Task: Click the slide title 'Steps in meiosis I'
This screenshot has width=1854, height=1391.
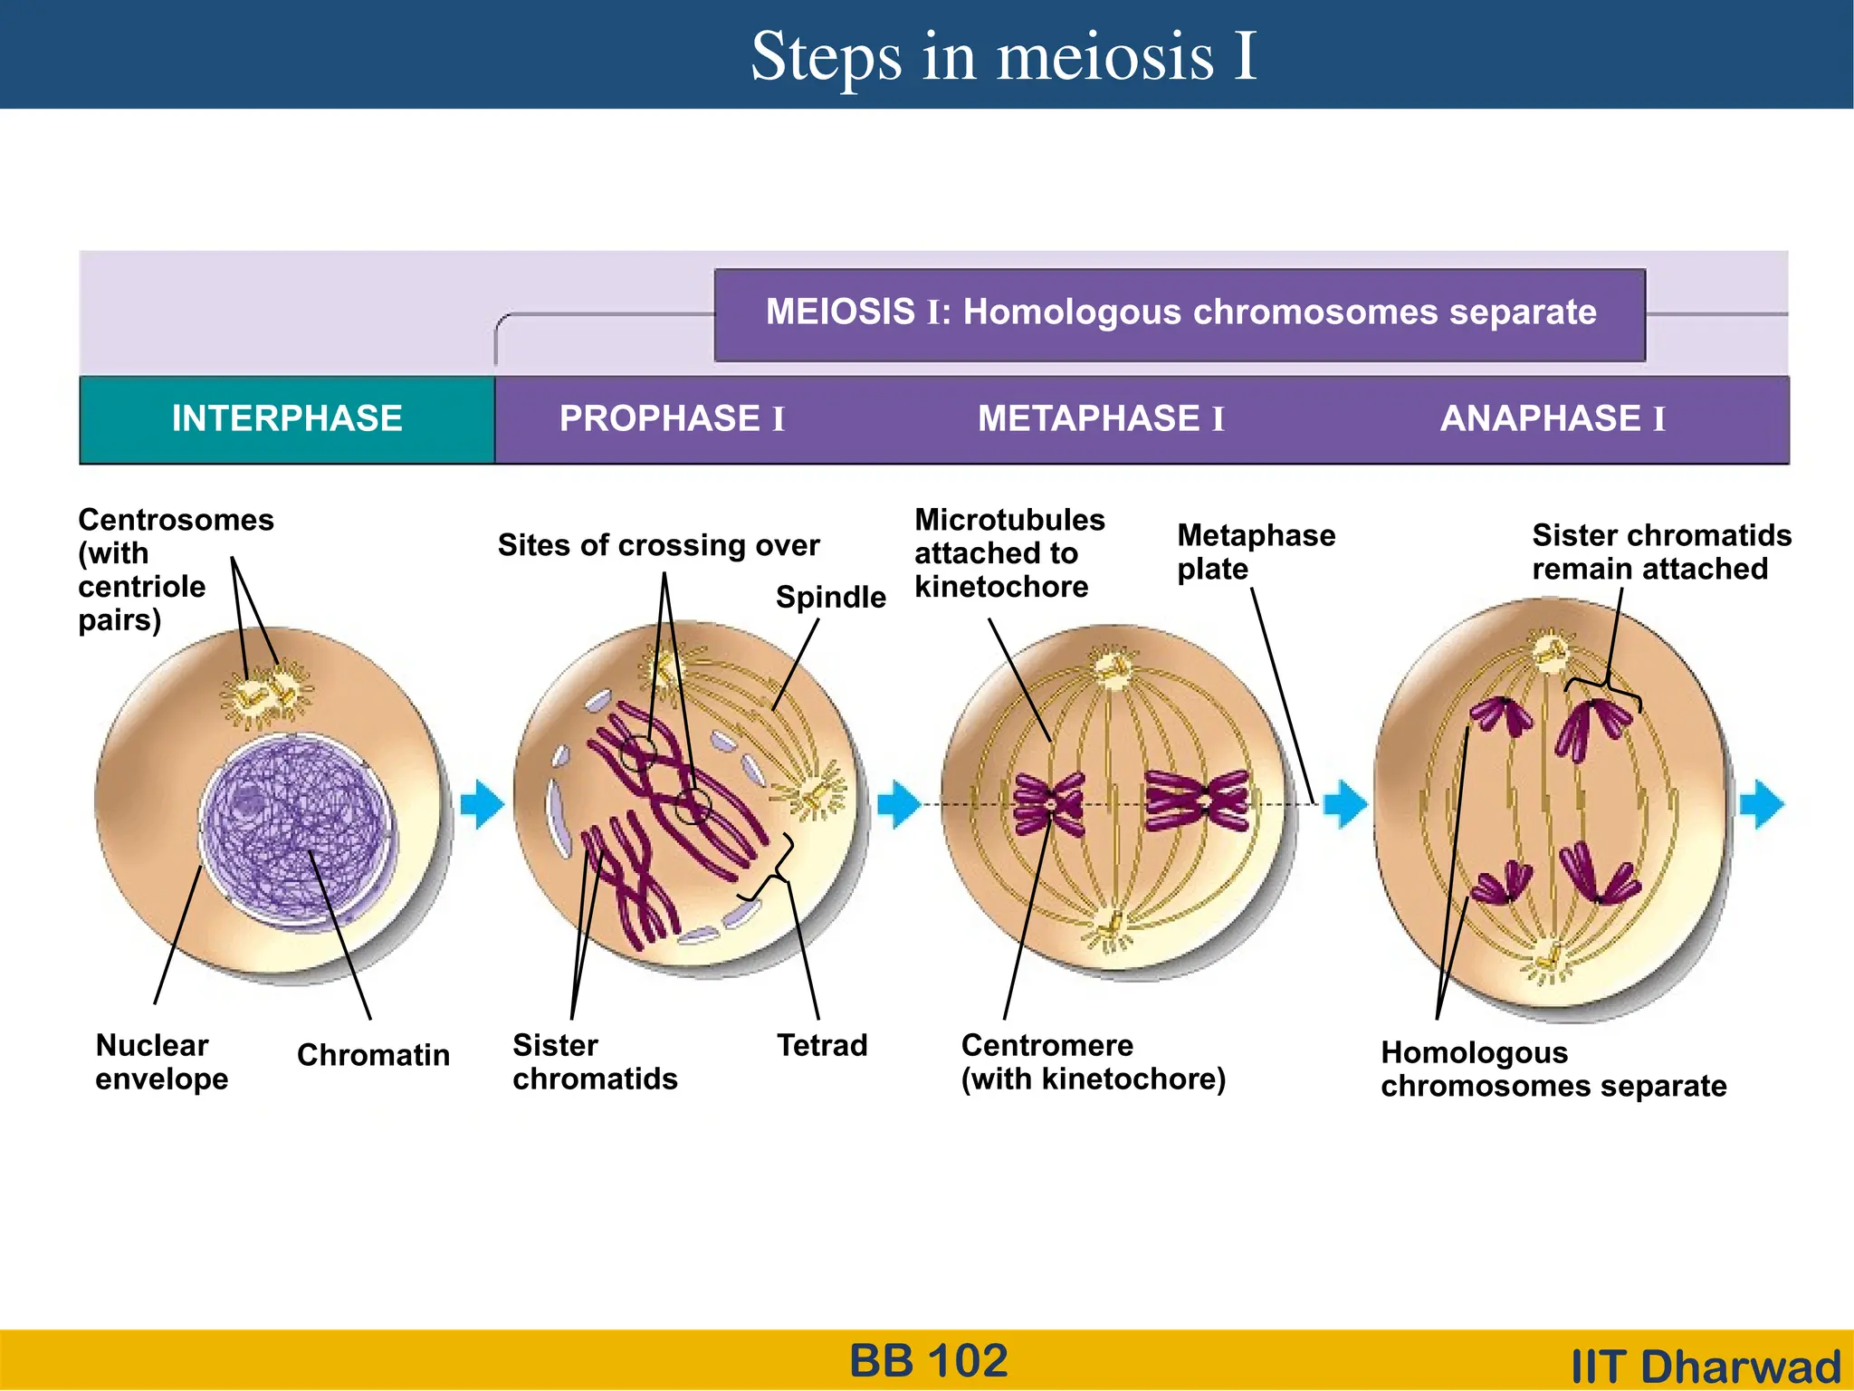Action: tap(1003, 56)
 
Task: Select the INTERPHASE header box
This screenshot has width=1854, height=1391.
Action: tap(287, 419)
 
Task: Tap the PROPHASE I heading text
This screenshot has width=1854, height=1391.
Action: tap(672, 419)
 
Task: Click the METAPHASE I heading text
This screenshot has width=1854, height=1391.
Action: tap(1101, 419)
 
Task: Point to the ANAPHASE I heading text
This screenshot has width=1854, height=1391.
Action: tap(1553, 419)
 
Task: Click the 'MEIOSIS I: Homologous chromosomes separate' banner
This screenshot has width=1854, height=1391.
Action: tap(1180, 313)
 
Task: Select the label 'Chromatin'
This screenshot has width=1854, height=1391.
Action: tap(373, 1055)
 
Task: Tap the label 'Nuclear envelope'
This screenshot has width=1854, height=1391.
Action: tap(161, 1062)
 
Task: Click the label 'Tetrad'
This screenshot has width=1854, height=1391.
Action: tap(822, 1046)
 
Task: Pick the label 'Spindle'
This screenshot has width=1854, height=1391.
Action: tap(830, 598)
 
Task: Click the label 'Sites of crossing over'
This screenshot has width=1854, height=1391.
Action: tap(658, 545)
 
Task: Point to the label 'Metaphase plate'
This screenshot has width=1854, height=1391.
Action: tap(1255, 552)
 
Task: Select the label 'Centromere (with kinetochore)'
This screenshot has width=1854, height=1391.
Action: tap(1093, 1062)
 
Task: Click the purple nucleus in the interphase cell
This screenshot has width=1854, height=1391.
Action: tap(294, 829)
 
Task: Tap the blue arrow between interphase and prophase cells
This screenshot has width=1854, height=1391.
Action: tap(482, 804)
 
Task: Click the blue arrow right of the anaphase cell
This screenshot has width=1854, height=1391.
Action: tap(1762, 804)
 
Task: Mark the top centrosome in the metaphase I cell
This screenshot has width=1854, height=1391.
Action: tap(1112, 668)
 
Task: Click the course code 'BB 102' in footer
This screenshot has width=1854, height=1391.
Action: tap(929, 1361)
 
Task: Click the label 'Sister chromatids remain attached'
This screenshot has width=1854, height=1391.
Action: tap(1661, 552)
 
